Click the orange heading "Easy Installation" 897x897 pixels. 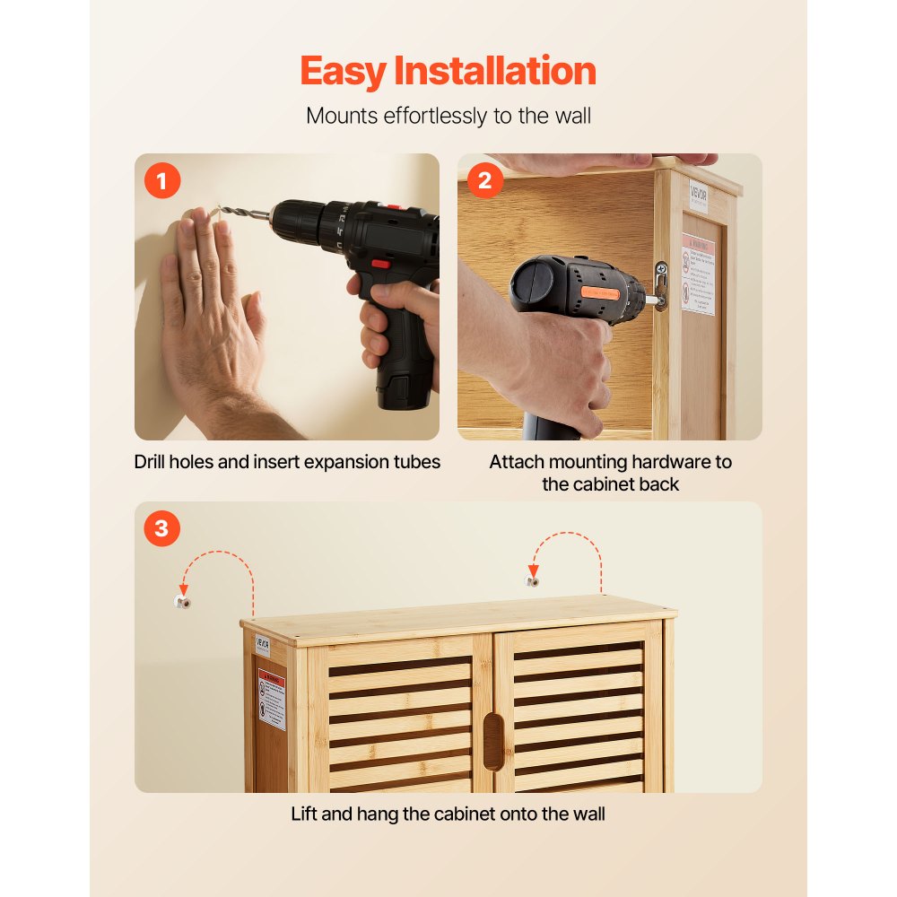(x=448, y=71)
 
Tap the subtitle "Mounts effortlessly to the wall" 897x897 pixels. (x=448, y=116)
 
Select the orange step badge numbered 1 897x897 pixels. (x=161, y=182)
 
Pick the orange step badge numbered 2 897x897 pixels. (x=484, y=182)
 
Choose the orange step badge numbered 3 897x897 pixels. (x=161, y=529)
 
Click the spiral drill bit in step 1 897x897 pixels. (x=243, y=213)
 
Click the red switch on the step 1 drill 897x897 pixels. (x=379, y=264)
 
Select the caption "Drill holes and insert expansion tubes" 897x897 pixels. (x=287, y=462)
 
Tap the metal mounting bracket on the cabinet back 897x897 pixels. (x=661, y=285)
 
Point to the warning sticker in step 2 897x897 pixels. (x=698, y=274)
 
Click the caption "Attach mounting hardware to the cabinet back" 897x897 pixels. (x=610, y=473)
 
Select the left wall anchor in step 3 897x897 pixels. (x=183, y=601)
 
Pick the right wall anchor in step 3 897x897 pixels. (x=533, y=581)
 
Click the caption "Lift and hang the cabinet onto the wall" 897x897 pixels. (x=448, y=814)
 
